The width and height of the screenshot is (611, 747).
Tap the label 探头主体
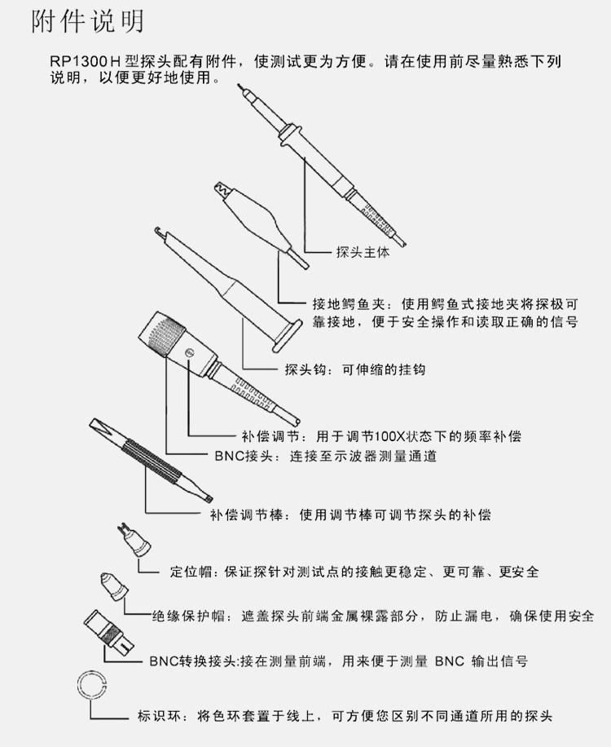pyautogui.click(x=363, y=252)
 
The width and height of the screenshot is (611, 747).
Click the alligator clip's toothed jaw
pyautogui.click(x=222, y=192)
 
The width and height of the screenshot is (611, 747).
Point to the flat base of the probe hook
pyautogui.click(x=289, y=334)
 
